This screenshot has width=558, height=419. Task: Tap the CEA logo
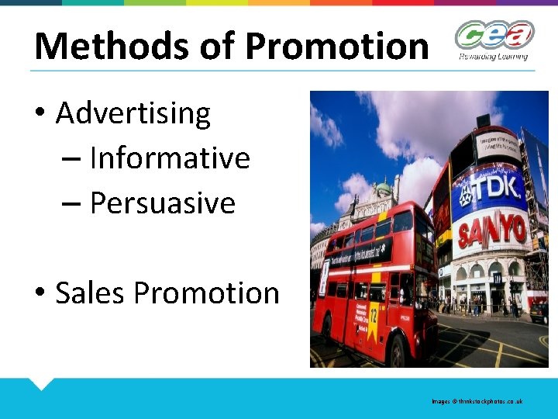[x=493, y=36]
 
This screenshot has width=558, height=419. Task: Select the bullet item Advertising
[x=133, y=113]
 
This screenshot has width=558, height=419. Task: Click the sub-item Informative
[x=170, y=158]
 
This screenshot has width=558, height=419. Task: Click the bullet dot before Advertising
[x=40, y=114]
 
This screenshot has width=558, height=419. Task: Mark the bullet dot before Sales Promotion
[x=40, y=294]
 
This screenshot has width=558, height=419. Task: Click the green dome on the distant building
[x=383, y=187]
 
